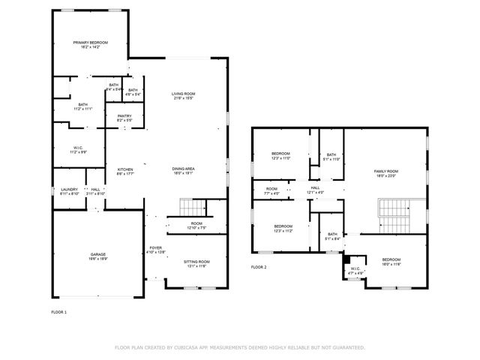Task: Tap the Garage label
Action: coord(97,257)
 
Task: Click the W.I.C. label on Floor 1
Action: coord(78,149)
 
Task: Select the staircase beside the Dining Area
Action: coord(192,207)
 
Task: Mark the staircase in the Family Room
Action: coord(394,213)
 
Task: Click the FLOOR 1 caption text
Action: coord(58,311)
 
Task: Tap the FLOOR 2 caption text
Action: coord(259,267)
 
